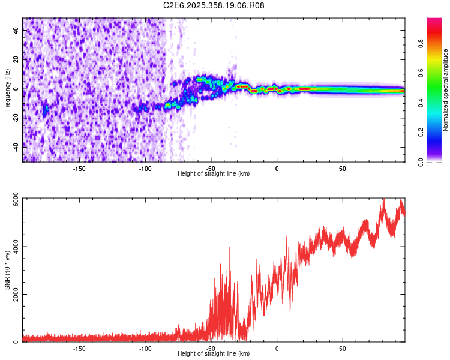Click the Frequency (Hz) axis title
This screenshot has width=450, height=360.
(x=7, y=90)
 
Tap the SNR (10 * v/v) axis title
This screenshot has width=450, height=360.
(x=7, y=269)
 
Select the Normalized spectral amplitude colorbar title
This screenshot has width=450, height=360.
(x=445, y=90)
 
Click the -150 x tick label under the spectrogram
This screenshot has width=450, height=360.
(x=80, y=169)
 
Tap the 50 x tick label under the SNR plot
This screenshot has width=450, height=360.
(x=342, y=349)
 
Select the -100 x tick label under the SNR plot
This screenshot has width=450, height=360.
(x=145, y=349)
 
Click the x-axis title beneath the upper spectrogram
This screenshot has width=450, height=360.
(x=214, y=174)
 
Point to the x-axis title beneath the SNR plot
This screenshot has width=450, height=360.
(x=214, y=354)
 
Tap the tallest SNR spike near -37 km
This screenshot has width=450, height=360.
(x=229, y=248)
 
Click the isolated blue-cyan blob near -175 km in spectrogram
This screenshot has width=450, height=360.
(x=46, y=109)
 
